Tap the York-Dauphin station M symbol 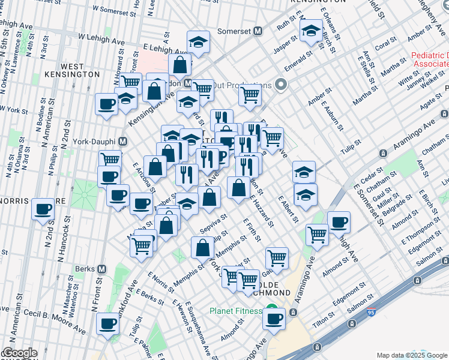(123, 142)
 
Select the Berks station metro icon (102, 269)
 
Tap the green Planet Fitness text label (235, 311)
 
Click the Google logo (20, 353)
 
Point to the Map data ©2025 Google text (411, 355)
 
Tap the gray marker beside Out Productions (280, 85)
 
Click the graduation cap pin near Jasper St (311, 31)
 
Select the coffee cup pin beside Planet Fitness (274, 319)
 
